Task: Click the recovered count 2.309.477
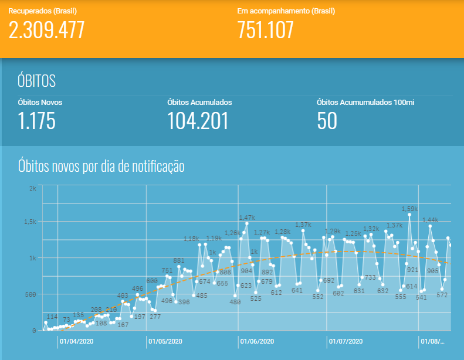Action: pyautogui.click(x=46, y=29)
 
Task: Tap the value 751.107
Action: pyautogui.click(x=266, y=29)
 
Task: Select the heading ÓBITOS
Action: pyautogui.click(x=37, y=80)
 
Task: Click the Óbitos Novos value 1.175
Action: pyautogui.click(x=36, y=121)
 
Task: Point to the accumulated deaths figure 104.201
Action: pyautogui.click(x=198, y=121)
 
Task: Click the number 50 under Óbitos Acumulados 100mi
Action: pyautogui.click(x=327, y=121)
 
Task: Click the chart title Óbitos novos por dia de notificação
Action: pyautogui.click(x=101, y=167)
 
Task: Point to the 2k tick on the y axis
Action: pyautogui.click(x=32, y=188)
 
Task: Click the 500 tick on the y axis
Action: pyautogui.click(x=30, y=294)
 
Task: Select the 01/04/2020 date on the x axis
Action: pyautogui.click(x=76, y=341)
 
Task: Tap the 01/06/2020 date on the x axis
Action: pyautogui.click(x=257, y=341)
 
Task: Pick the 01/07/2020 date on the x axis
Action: pyautogui.click(x=346, y=341)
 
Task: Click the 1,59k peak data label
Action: pyautogui.click(x=409, y=208)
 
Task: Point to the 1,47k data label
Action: pyautogui.click(x=247, y=218)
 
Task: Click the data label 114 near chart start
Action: pyautogui.click(x=52, y=317)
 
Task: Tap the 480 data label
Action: pyautogui.click(x=235, y=302)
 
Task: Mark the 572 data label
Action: pyautogui.click(x=443, y=296)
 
